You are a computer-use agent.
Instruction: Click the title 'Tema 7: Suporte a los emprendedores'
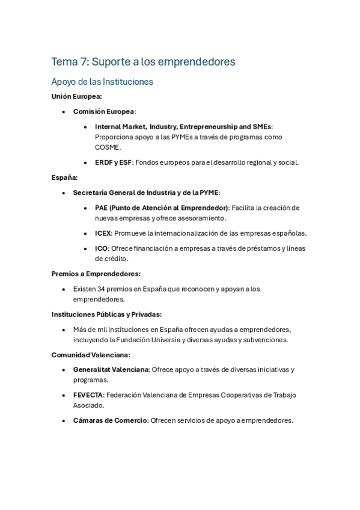click(x=143, y=61)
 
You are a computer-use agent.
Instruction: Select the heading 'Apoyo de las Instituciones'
click(x=102, y=81)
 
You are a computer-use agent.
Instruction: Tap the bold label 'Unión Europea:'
click(x=76, y=96)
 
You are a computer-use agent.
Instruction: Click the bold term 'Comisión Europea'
click(x=103, y=111)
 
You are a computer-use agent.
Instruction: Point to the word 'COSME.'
click(x=108, y=147)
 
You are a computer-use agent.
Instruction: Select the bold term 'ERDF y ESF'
click(x=113, y=162)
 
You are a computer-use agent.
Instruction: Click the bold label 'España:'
click(x=64, y=177)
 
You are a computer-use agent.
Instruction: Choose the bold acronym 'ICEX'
click(x=103, y=233)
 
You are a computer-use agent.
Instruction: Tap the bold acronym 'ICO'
click(x=101, y=248)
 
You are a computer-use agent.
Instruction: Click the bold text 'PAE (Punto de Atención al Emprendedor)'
click(x=162, y=207)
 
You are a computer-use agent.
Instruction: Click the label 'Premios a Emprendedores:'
click(x=96, y=274)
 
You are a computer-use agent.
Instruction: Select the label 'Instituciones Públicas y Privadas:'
click(x=106, y=314)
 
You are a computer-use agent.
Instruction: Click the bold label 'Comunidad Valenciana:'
click(x=91, y=355)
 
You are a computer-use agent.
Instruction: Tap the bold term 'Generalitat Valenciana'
click(x=111, y=369)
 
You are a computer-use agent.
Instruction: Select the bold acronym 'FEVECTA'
click(x=88, y=395)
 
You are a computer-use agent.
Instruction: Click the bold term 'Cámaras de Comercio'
click(x=110, y=420)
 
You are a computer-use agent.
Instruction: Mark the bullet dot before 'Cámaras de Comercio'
click(x=64, y=421)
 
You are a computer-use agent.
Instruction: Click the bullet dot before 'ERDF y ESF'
click(x=86, y=162)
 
